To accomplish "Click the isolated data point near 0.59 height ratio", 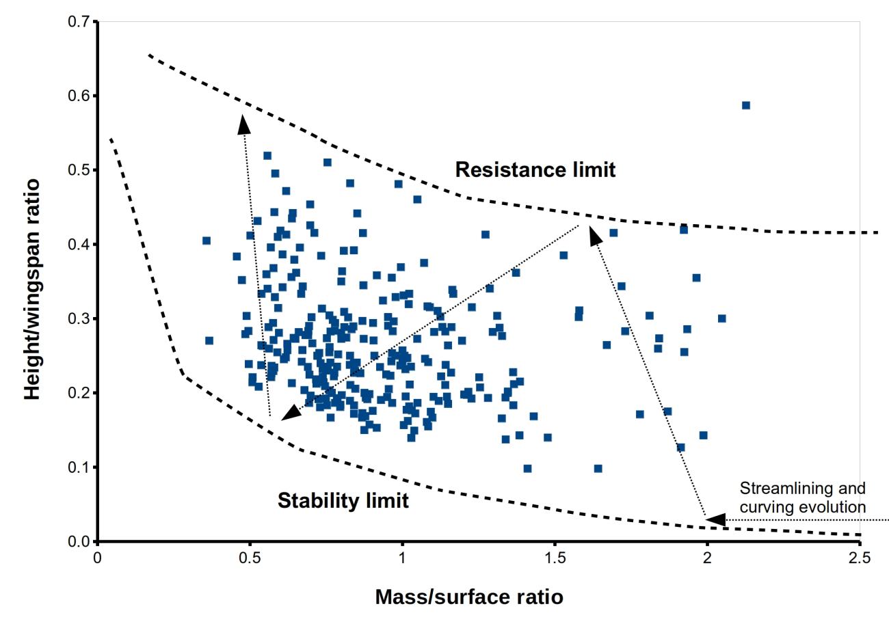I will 745,105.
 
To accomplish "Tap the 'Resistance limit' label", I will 535,169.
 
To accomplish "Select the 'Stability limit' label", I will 343,501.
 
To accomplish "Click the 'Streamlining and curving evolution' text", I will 802,497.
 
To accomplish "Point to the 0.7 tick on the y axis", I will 98,22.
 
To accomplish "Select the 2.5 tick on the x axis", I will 860,541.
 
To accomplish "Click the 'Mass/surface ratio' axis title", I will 469,597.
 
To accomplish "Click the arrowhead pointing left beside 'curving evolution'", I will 715,520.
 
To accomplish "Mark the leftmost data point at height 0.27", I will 209,340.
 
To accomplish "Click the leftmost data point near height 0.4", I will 207,241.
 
